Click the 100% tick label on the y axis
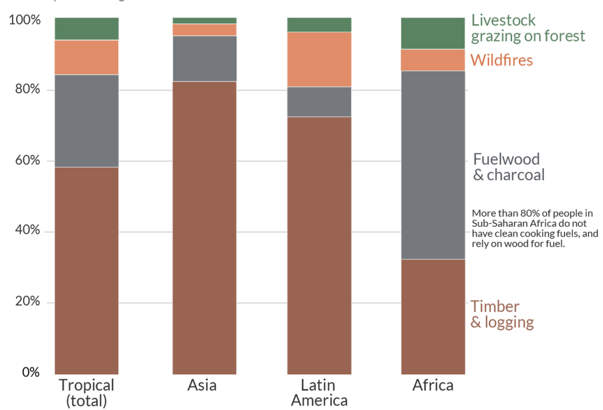25,20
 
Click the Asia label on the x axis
202,385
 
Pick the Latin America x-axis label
319,392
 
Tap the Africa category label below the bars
433,385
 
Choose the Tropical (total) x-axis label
86,392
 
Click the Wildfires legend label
502,60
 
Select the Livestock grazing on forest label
528,28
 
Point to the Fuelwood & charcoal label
508,167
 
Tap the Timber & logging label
502,314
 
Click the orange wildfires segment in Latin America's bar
319,59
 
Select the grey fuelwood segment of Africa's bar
433,165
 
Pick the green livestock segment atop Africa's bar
433,33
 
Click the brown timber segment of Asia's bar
204,227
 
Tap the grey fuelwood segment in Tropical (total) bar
86,121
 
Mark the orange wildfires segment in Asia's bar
204,30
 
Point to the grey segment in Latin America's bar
319,102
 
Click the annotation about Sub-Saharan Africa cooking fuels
534,229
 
